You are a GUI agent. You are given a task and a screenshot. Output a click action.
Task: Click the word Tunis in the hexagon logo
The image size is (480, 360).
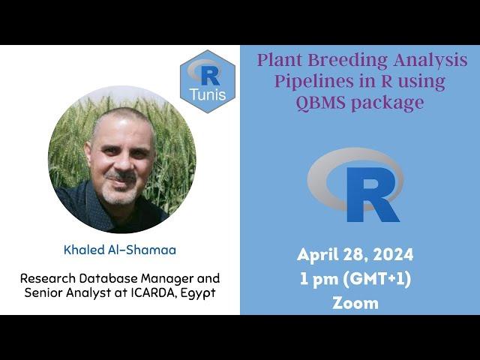click(x=208, y=94)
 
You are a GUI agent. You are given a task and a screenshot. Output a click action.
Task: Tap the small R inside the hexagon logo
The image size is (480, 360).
click(x=210, y=76)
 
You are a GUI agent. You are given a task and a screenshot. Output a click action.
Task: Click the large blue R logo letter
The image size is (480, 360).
click(x=373, y=195)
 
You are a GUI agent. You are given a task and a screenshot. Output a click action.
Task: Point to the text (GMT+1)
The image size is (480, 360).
click(x=376, y=279)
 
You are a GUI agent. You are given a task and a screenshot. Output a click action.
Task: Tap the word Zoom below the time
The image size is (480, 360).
click(x=355, y=303)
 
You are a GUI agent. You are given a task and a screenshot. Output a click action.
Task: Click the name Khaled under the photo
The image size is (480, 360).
click(x=84, y=250)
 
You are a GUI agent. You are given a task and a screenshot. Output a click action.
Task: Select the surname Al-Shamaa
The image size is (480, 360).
click(x=142, y=250)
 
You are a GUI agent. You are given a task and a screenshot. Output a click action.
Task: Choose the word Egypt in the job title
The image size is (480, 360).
click(x=198, y=293)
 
